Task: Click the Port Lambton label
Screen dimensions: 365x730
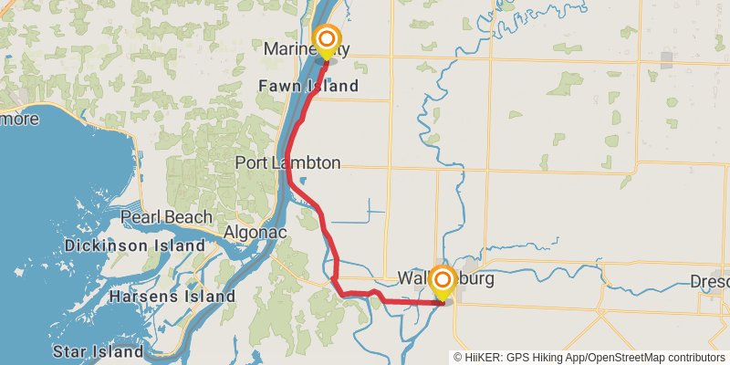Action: coord(287,163)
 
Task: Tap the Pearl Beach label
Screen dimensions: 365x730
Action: coord(167,217)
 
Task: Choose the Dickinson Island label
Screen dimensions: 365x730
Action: coord(134,245)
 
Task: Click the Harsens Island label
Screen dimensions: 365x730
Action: coord(172,297)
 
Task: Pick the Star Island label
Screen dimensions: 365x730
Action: coord(98,351)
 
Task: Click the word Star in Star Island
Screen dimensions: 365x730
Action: coord(70,351)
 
